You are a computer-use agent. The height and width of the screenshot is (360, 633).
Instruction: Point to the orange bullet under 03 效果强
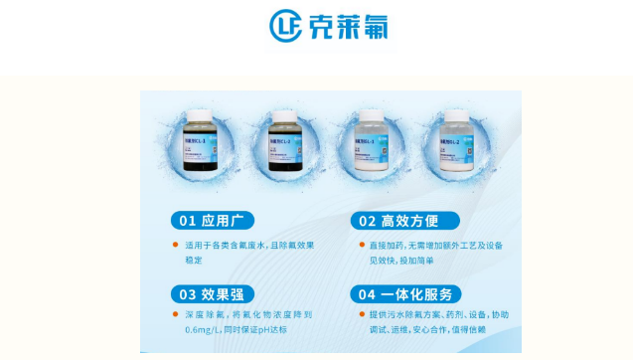point(176,314)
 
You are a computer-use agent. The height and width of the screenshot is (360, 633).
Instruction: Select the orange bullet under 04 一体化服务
point(361,314)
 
